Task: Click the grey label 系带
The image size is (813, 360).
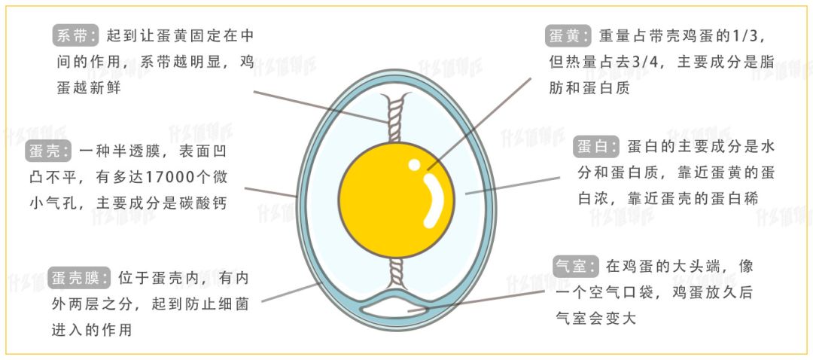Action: coord(76,35)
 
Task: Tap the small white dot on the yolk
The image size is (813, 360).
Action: coord(414,164)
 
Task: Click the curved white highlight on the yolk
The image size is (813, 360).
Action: coord(434,202)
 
